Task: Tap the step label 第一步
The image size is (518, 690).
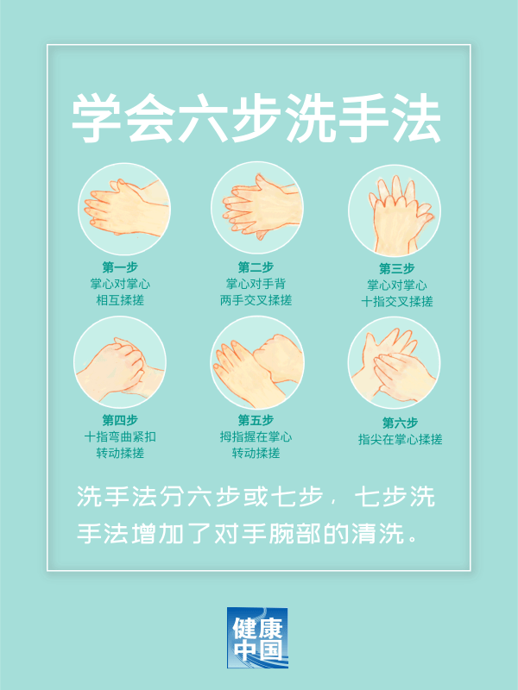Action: (120, 267)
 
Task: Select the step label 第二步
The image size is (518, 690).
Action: (256, 267)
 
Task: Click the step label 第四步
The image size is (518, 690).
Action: (120, 420)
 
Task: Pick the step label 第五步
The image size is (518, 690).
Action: (256, 420)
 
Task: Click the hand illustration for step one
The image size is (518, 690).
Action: (121, 207)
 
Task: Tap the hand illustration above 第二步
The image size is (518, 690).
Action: (256, 207)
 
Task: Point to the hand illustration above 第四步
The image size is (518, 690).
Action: (119, 362)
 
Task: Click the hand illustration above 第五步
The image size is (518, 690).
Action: (256, 362)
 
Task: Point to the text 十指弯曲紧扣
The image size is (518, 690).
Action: (120, 436)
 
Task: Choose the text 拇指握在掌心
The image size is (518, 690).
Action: (256, 436)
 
